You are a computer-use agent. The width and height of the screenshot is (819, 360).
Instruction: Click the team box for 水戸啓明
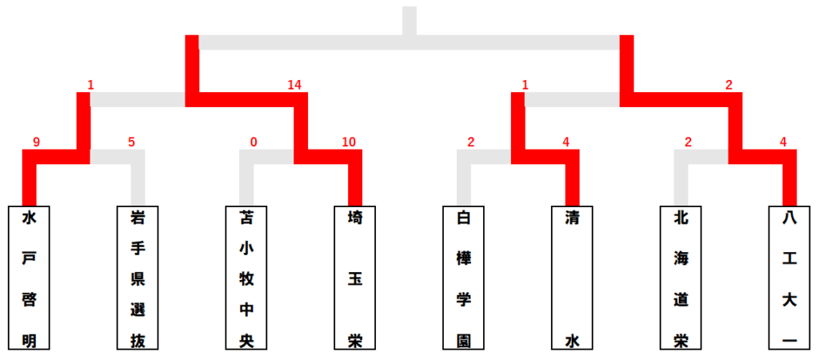pos(29,278)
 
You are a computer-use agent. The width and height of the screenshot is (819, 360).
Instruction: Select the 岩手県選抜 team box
pos(138,278)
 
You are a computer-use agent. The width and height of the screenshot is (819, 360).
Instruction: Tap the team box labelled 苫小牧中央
pos(246,278)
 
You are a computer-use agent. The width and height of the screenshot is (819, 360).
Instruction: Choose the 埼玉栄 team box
pos(355,278)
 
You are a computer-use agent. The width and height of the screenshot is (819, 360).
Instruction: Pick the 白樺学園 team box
pos(464,278)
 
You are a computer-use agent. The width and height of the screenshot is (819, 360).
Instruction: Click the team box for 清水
pos(573,278)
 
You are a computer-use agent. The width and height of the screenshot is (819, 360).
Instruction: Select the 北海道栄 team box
pos(681,278)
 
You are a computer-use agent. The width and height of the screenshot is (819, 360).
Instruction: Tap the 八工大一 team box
pos(789,278)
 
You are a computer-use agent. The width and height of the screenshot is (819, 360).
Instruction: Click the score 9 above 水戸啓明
pos(36,142)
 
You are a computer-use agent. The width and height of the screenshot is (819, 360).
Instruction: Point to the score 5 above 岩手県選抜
pos(131,142)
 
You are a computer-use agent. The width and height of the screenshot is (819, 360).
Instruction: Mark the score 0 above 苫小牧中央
pos(254,142)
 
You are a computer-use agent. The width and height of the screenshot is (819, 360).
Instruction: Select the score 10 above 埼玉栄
pos(349,142)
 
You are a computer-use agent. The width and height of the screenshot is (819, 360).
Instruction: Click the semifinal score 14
pos(294,85)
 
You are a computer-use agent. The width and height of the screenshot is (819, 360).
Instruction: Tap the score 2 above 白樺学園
pos(471,142)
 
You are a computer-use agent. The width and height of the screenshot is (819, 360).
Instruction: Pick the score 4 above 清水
pos(566,142)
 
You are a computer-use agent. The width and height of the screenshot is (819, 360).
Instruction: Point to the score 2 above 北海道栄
pos(689,142)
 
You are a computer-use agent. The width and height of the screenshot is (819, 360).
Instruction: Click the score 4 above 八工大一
pos(784,142)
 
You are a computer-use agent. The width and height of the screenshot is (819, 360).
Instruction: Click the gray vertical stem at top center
pos(409,21)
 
